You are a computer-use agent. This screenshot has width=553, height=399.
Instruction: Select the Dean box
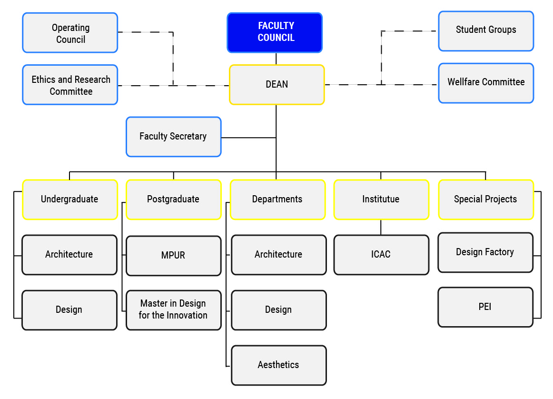(276, 85)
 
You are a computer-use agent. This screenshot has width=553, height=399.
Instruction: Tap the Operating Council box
(70, 33)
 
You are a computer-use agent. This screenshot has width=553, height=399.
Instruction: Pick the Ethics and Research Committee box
(70, 85)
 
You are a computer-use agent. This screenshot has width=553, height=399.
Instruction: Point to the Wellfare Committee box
(485, 83)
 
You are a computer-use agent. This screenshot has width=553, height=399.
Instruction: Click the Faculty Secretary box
(173, 137)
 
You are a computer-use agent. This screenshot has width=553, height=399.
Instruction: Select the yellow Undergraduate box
(69, 199)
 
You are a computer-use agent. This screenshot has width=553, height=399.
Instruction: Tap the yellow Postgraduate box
(173, 199)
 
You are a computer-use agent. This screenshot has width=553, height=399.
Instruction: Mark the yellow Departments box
(277, 199)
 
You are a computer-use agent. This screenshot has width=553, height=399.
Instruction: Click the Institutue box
(381, 199)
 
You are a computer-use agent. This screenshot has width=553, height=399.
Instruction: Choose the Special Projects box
(485, 199)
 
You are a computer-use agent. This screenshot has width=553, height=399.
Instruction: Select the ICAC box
(381, 255)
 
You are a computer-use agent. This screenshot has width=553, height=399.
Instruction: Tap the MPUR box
(173, 256)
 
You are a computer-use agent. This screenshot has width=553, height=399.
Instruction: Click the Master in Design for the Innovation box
(173, 310)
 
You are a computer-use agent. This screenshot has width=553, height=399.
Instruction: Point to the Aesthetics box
(278, 365)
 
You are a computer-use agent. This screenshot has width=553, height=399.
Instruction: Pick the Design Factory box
(485, 252)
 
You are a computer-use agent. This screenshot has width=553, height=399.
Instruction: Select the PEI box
(485, 307)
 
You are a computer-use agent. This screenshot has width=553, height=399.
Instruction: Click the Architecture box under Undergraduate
(69, 255)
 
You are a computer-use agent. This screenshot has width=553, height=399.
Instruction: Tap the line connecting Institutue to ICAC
(381, 227)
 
